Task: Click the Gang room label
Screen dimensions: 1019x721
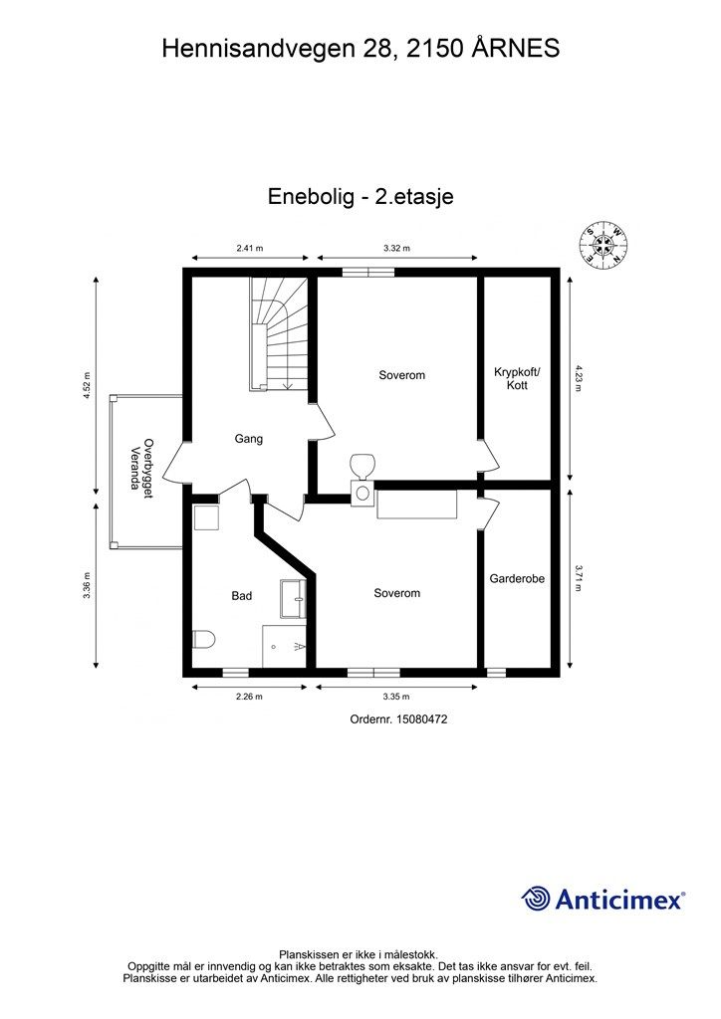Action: pyautogui.click(x=248, y=438)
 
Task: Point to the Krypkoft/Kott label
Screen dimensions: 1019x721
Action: pyautogui.click(x=516, y=378)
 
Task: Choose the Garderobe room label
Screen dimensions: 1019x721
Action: pyautogui.click(x=517, y=578)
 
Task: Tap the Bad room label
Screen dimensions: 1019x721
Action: pyautogui.click(x=242, y=596)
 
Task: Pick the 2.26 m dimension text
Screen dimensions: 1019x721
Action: pyautogui.click(x=249, y=697)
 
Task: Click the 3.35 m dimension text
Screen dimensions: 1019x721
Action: pyautogui.click(x=396, y=697)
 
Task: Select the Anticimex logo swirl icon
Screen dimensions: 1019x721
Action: pyautogui.click(x=536, y=899)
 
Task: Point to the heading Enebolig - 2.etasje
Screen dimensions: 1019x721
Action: pyautogui.click(x=360, y=196)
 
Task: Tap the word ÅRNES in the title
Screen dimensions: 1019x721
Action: pyautogui.click(x=513, y=48)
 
